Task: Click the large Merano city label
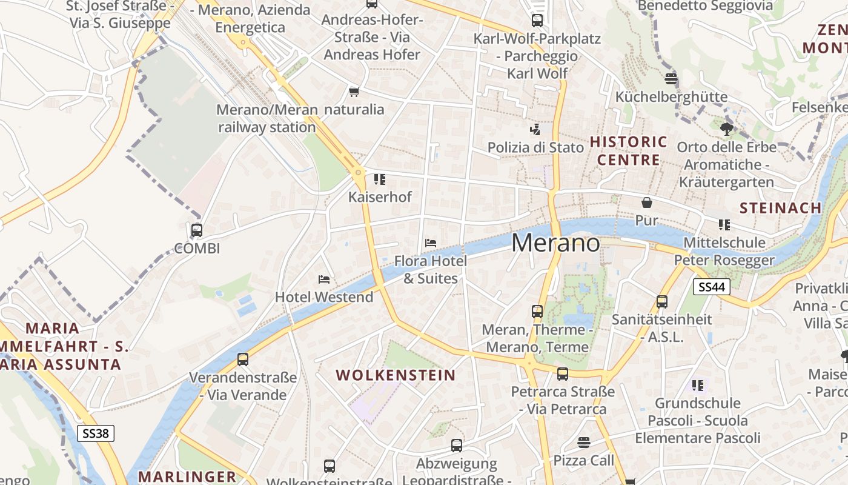(x=556, y=243)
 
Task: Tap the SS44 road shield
(x=712, y=287)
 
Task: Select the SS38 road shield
(x=96, y=433)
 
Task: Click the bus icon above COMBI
(x=196, y=230)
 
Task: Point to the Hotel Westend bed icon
(x=324, y=279)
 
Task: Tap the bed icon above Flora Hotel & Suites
(x=430, y=243)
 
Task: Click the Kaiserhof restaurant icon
(x=380, y=179)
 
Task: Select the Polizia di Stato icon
(x=535, y=129)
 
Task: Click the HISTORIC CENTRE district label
(x=628, y=151)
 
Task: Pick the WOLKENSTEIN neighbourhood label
(x=396, y=375)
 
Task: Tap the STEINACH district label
(x=780, y=208)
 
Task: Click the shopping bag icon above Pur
(x=646, y=202)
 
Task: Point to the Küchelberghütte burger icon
(x=671, y=79)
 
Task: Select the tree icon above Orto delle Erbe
(x=726, y=129)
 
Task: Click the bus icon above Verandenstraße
(x=243, y=360)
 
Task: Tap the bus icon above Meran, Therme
(x=537, y=312)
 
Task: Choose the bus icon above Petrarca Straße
(x=563, y=373)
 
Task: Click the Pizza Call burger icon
(x=583, y=443)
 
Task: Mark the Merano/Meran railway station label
(x=267, y=119)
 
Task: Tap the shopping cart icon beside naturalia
(x=354, y=92)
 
